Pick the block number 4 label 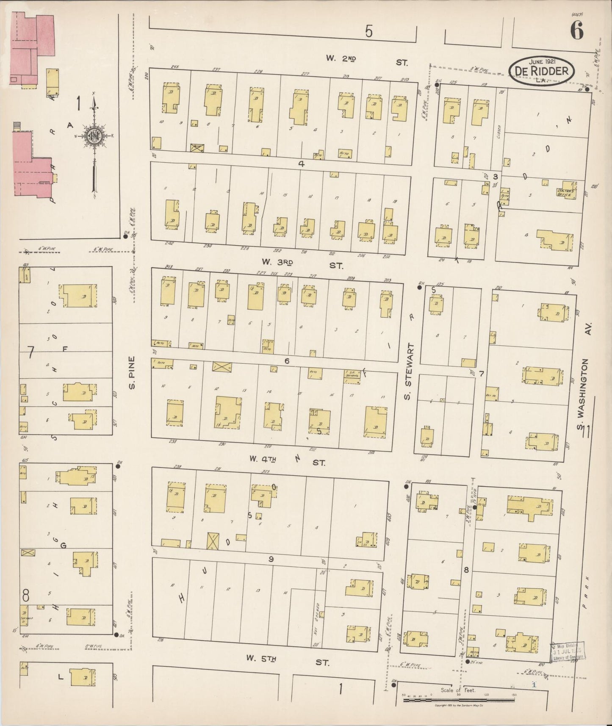(x=301, y=164)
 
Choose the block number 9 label (x=271, y=559)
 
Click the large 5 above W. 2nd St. (x=369, y=32)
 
